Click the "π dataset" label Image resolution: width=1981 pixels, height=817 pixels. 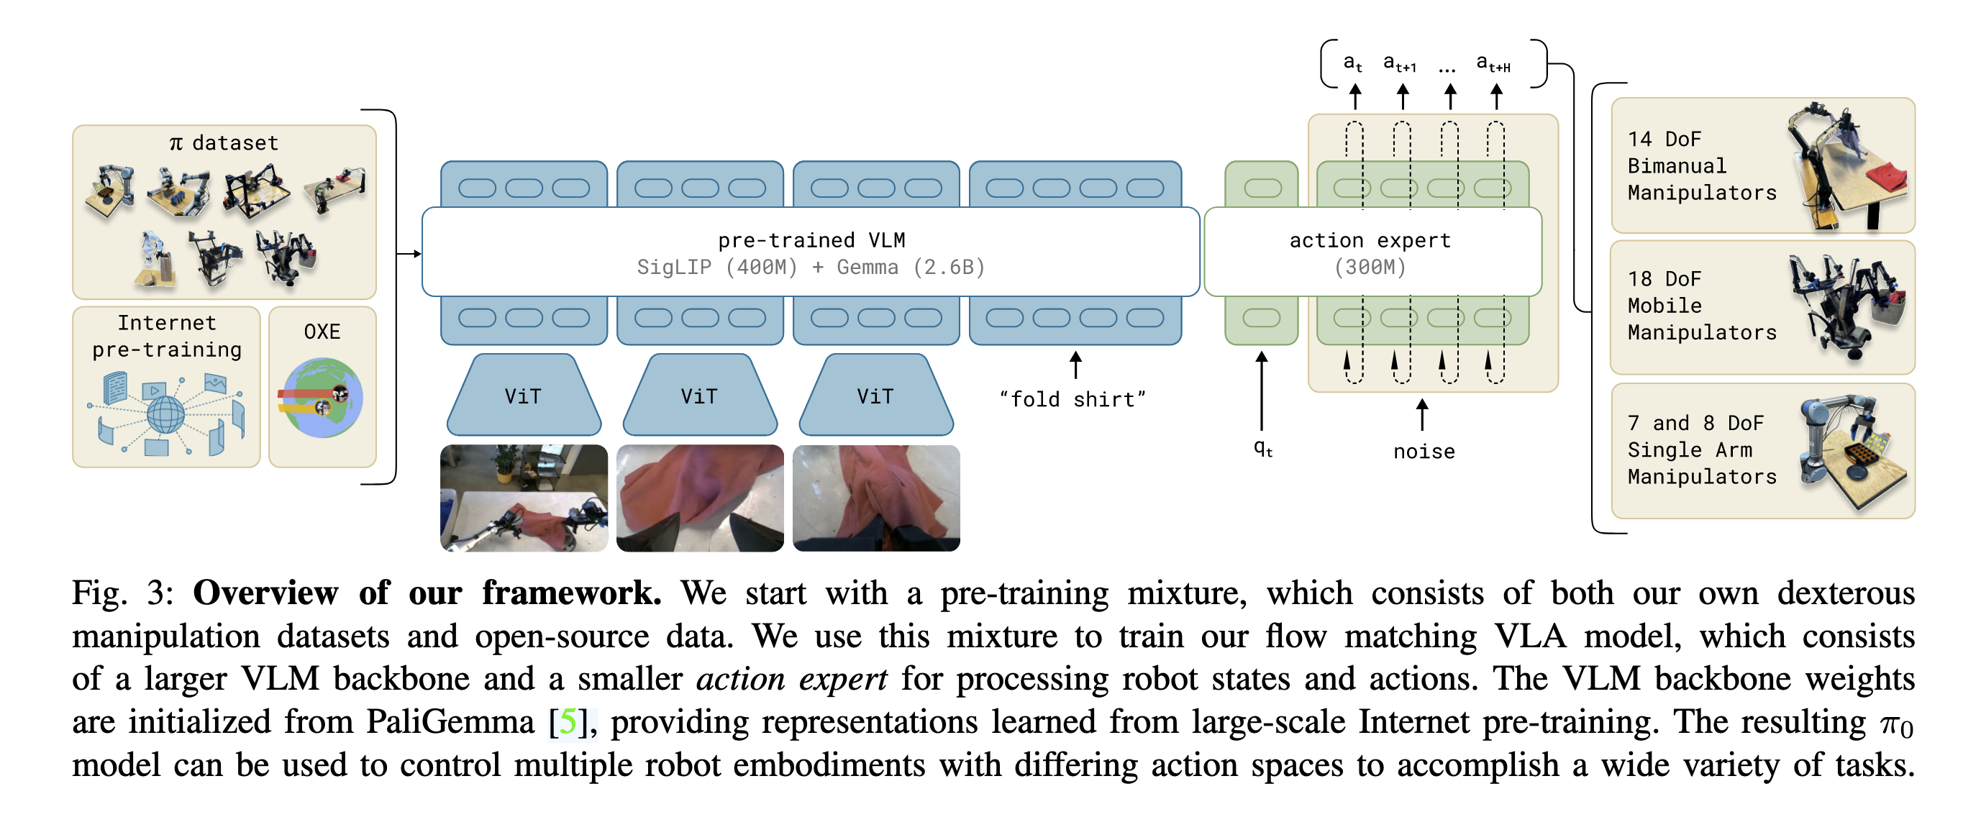coord(224,143)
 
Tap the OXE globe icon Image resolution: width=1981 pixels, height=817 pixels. coord(322,398)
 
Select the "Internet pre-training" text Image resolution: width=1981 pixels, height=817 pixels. coord(167,336)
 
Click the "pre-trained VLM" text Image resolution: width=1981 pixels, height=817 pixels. coord(811,240)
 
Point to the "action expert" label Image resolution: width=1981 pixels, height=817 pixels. coord(1370,240)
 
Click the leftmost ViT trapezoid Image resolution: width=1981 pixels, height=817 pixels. coord(524,396)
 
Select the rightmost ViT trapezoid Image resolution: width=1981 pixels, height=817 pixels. coord(876,396)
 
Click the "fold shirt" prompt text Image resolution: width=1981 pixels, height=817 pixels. coord(1072,400)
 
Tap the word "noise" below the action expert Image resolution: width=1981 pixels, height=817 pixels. coord(1424,452)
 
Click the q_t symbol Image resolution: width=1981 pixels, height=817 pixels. coord(1262,448)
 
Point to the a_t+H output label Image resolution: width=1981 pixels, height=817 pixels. coord(1493,64)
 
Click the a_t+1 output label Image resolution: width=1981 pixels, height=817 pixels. coord(1399,64)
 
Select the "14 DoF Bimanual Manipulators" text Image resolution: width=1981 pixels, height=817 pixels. coord(1701,166)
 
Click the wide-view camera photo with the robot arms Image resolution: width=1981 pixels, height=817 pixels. coord(524,498)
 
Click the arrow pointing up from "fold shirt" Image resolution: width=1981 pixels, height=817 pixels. coord(1075,365)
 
